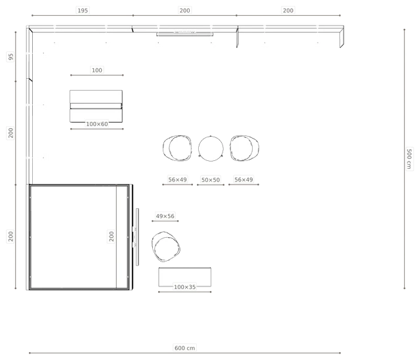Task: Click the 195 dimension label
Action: pos(83,11)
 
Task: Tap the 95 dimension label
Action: pos(10,57)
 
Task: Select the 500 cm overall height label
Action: pos(409,159)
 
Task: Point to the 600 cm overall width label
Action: pos(184,348)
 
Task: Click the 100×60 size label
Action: pos(97,124)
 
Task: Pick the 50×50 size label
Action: pos(211,180)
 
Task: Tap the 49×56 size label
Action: pos(165,216)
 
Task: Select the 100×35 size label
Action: pos(184,287)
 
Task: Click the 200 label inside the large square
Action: pos(112,236)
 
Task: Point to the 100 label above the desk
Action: pos(96,70)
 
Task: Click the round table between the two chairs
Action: pos(211,148)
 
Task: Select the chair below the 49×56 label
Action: pos(166,246)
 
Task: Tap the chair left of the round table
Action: pos(177,148)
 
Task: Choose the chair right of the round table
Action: pos(244,148)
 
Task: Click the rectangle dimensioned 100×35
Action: pos(184,277)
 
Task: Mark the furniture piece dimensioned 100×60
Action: pos(96,106)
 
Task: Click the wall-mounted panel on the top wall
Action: pos(185,34)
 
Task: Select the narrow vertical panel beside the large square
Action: pos(137,237)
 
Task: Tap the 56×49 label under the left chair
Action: pos(177,179)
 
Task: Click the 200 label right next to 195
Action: pos(184,11)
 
